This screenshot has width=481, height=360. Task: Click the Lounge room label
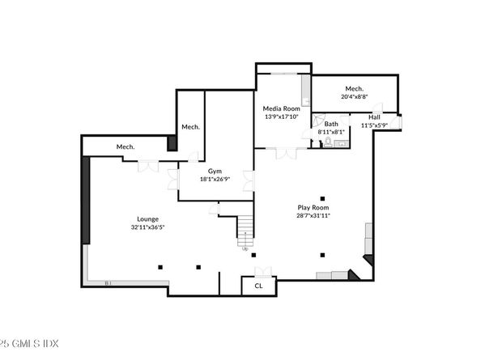[x=147, y=218]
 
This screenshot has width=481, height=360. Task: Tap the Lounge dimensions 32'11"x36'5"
[x=147, y=227]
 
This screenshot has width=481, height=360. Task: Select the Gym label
[x=215, y=171]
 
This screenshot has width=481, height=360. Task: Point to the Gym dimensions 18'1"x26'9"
[x=215, y=179]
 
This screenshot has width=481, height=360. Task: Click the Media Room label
[x=281, y=108]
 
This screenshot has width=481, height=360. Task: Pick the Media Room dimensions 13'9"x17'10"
[x=281, y=116]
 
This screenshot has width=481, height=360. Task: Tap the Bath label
[x=331, y=124]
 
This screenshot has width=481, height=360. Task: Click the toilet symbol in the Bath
[x=328, y=141]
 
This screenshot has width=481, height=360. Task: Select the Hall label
[x=374, y=116]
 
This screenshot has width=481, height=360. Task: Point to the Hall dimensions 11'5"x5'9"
[x=374, y=125]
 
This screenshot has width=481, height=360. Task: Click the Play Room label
[x=313, y=207]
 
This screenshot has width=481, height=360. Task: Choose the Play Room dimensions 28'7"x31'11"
[x=313, y=215]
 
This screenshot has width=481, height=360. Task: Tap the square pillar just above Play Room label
[x=322, y=197]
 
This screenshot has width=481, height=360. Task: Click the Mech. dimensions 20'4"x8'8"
[x=354, y=96]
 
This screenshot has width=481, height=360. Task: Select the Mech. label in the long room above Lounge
[x=125, y=146]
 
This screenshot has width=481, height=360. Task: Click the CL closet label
[x=259, y=286]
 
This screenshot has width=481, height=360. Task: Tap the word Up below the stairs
[x=245, y=248]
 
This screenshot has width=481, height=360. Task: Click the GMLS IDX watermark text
[x=24, y=342]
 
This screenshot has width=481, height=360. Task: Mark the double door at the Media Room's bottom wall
[x=284, y=151]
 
